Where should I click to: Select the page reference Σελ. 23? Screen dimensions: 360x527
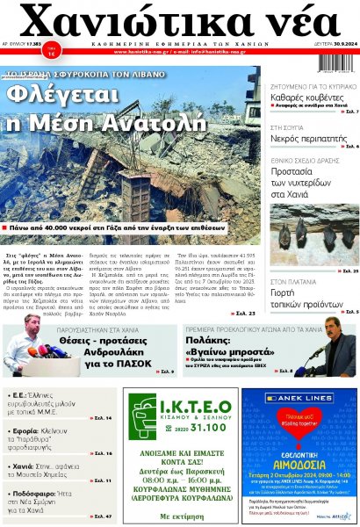point(245,312)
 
